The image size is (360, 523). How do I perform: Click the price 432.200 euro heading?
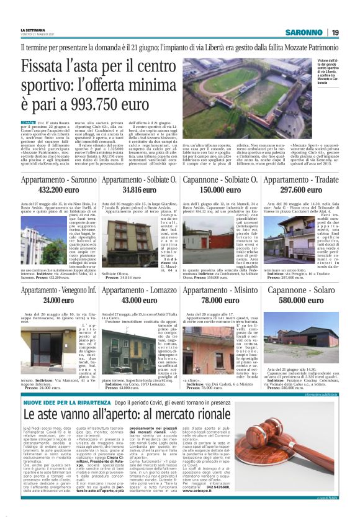(x=58, y=189)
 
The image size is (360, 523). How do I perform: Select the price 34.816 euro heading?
(x=140, y=189)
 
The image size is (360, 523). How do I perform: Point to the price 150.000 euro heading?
(x=220, y=189)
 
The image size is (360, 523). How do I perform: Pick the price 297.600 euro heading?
(x=301, y=189)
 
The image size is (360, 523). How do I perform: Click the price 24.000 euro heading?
(x=58, y=300)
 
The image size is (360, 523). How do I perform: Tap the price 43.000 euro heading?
(x=140, y=300)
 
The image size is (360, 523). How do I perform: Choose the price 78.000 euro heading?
(x=220, y=300)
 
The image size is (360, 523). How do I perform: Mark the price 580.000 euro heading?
(x=301, y=300)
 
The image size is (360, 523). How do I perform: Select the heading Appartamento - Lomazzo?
(x=140, y=290)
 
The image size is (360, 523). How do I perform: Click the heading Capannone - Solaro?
(x=301, y=290)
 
